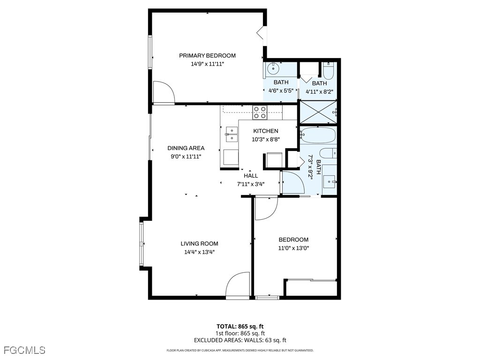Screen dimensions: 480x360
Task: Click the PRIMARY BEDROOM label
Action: (207, 55)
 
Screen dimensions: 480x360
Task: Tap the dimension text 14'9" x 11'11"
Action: (208, 64)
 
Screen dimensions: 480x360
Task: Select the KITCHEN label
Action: (266, 131)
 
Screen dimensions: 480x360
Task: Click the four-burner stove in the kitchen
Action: (260, 112)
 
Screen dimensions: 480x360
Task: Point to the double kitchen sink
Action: (232, 135)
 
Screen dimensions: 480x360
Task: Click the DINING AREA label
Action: (186, 148)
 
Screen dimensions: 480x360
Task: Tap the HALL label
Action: (251, 176)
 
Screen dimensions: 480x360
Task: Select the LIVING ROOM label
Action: (199, 244)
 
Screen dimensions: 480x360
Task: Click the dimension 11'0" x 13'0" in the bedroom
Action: (293, 248)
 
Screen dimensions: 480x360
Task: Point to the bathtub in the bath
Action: (318, 135)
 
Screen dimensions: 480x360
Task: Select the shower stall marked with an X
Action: (318, 112)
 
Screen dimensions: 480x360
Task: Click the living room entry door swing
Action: (238, 285)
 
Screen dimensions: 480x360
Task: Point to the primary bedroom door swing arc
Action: (164, 91)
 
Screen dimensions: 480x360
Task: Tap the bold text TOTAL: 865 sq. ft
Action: (240, 326)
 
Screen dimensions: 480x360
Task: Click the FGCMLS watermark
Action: (24, 350)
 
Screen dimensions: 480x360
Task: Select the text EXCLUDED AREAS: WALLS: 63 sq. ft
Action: (240, 340)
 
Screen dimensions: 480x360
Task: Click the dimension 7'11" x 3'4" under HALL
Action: (251, 184)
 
